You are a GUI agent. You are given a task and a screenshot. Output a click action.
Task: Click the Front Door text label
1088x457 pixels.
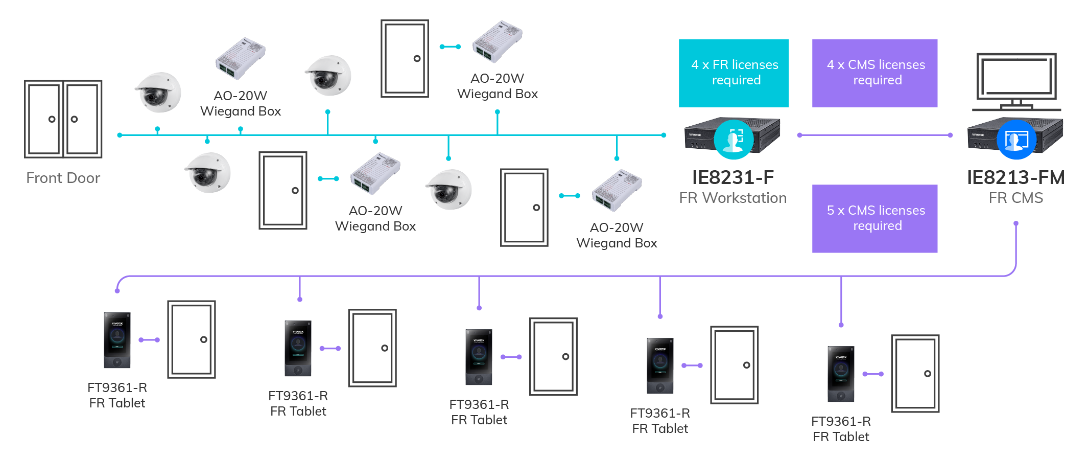click(x=63, y=178)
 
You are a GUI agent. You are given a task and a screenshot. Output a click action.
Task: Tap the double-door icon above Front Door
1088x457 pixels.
click(x=63, y=119)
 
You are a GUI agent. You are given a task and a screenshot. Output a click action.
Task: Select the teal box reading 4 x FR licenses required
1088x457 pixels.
click(x=734, y=73)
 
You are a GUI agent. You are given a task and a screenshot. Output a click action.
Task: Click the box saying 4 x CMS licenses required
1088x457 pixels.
click(x=874, y=73)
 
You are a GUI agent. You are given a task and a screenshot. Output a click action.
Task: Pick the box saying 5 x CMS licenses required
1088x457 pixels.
click(x=874, y=218)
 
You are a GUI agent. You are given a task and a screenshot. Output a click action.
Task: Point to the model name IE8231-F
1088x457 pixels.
click(x=732, y=177)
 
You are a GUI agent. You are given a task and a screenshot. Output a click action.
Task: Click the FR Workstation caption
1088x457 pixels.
click(x=732, y=198)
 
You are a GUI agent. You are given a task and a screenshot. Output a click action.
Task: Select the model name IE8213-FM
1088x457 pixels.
click(x=1015, y=177)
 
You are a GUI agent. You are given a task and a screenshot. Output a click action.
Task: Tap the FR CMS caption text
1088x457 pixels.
click(x=1015, y=198)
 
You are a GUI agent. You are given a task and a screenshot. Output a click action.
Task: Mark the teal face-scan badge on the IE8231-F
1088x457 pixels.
click(x=734, y=139)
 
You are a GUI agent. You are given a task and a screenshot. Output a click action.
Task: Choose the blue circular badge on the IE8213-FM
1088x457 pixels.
click(x=1016, y=139)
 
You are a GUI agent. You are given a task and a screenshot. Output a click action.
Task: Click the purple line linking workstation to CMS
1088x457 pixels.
click(x=874, y=135)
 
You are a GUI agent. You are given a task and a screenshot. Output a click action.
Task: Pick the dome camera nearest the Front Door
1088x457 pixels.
click(x=158, y=93)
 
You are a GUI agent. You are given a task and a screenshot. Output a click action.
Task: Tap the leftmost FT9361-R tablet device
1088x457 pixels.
click(x=117, y=340)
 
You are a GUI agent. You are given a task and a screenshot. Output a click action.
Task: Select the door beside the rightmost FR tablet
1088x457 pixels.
click(x=915, y=374)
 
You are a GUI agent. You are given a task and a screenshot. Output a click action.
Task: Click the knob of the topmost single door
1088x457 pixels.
click(x=417, y=58)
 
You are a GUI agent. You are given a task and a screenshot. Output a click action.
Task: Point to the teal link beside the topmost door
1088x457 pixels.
click(x=450, y=47)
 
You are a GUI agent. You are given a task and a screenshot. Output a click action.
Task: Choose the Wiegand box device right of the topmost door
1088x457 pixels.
click(x=497, y=42)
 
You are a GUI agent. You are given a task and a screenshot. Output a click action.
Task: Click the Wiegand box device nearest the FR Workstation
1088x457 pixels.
click(x=617, y=190)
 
